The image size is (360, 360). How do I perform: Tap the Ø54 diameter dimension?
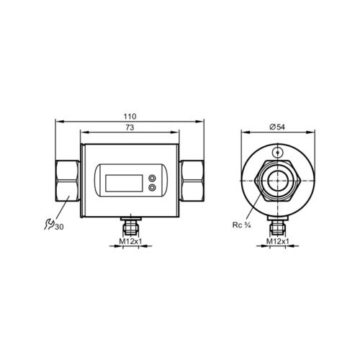[x=277, y=127]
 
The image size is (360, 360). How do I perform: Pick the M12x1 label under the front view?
[x=131, y=241]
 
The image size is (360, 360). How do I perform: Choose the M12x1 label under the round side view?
[x=277, y=241]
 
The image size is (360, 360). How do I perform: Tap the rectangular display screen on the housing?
[x=122, y=181]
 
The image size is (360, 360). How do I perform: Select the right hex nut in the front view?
[x=194, y=181]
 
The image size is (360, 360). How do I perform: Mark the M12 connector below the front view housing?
[x=131, y=226]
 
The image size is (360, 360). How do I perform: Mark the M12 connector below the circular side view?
[x=277, y=226]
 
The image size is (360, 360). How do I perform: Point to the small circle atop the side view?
[x=277, y=152]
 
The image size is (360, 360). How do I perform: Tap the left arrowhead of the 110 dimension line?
[x=56, y=122]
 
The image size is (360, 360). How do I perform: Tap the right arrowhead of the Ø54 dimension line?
[x=315, y=132]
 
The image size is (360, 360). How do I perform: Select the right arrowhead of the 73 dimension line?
[x=181, y=132]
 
